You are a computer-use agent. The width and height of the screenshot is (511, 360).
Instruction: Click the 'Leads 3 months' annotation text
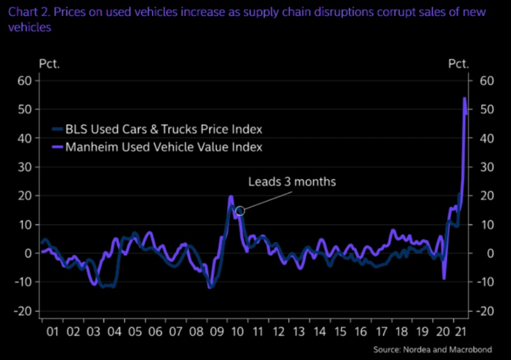pyautogui.click(x=300, y=182)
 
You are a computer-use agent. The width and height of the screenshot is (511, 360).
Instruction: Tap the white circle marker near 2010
pyautogui.click(x=240, y=210)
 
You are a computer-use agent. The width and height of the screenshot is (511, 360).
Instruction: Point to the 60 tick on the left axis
pyautogui.click(x=24, y=81)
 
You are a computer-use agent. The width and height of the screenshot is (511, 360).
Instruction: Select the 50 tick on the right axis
pyautogui.click(x=486, y=109)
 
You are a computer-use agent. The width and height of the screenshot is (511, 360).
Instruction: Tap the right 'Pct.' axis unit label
pyautogui.click(x=458, y=63)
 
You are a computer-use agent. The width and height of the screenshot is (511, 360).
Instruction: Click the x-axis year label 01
pyautogui.click(x=52, y=333)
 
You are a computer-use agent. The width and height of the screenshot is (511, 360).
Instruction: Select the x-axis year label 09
pyautogui.click(x=217, y=333)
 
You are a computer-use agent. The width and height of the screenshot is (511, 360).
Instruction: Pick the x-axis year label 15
pyautogui.click(x=340, y=333)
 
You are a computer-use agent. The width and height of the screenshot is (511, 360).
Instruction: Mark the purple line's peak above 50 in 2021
pyautogui.click(x=464, y=98)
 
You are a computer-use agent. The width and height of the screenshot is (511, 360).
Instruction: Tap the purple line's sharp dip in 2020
pyautogui.click(x=444, y=278)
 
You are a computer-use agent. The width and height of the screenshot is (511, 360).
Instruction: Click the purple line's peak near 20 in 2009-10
pyautogui.click(x=231, y=196)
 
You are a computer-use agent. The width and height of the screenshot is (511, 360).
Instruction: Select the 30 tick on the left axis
pyautogui.click(x=24, y=167)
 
